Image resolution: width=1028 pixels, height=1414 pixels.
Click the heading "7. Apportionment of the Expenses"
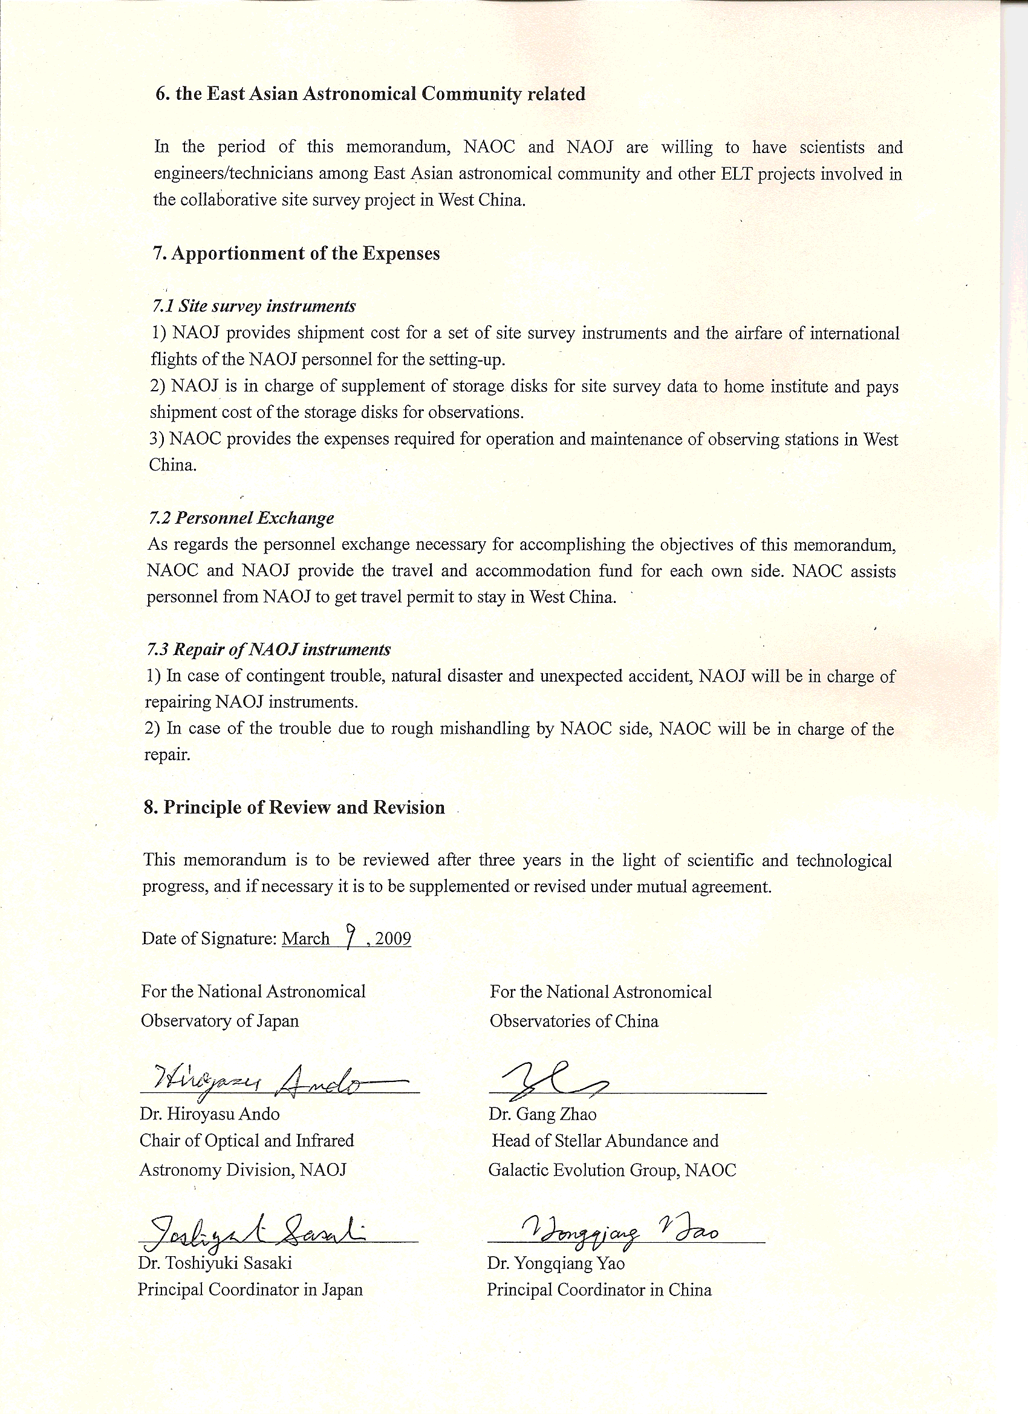[296, 254]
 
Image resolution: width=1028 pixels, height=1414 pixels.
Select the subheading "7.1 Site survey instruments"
[254, 306]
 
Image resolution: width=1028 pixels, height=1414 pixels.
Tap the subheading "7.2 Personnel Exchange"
[241, 518]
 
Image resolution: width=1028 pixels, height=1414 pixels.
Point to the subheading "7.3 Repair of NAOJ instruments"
[268, 649]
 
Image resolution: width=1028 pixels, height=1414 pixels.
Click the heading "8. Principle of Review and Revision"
[294, 807]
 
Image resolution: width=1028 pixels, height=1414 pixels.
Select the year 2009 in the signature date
[392, 939]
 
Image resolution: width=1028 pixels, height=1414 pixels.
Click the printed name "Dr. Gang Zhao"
[542, 1113]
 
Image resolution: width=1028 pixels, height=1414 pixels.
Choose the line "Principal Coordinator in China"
[599, 1289]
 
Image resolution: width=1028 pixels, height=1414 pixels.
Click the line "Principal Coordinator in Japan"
[250, 1289]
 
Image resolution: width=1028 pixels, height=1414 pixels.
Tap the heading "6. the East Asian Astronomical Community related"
[370, 94]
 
